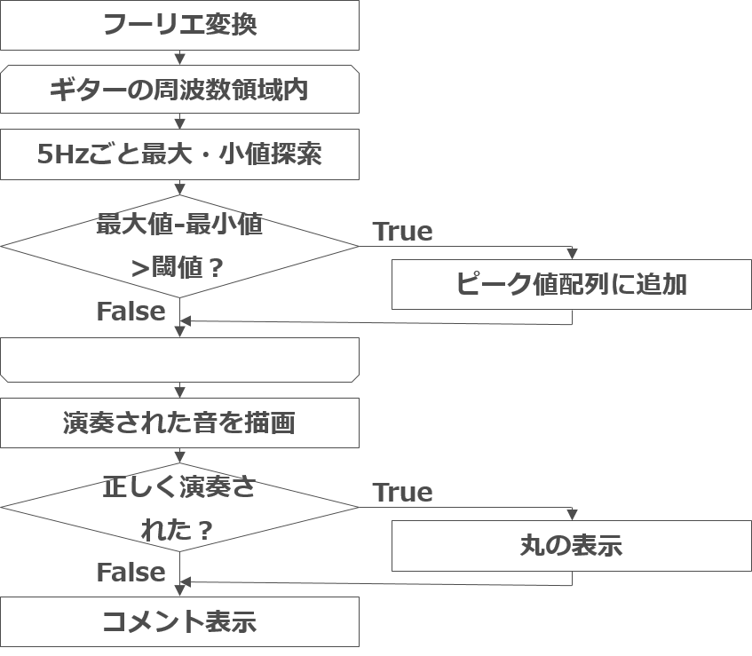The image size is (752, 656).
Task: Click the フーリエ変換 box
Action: (179, 25)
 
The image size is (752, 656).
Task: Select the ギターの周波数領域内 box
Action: (179, 90)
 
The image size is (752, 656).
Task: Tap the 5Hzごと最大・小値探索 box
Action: (179, 155)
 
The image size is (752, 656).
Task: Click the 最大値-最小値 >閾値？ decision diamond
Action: (179, 246)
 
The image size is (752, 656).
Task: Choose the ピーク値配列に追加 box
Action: (571, 285)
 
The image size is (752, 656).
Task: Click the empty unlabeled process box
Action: (179, 359)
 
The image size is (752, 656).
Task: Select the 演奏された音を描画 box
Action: (179, 423)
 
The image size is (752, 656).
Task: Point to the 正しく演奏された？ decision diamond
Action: (179, 508)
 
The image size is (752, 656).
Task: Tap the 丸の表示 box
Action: (571, 545)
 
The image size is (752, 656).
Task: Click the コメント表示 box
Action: (179, 621)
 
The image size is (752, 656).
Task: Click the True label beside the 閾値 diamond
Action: (402, 232)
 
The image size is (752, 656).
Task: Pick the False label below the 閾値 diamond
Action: (131, 312)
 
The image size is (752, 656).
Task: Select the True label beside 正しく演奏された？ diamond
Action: (402, 493)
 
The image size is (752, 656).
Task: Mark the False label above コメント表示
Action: (131, 573)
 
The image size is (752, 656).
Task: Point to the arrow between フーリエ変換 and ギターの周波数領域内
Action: (180, 58)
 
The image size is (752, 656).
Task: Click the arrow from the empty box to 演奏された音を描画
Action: (180, 390)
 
